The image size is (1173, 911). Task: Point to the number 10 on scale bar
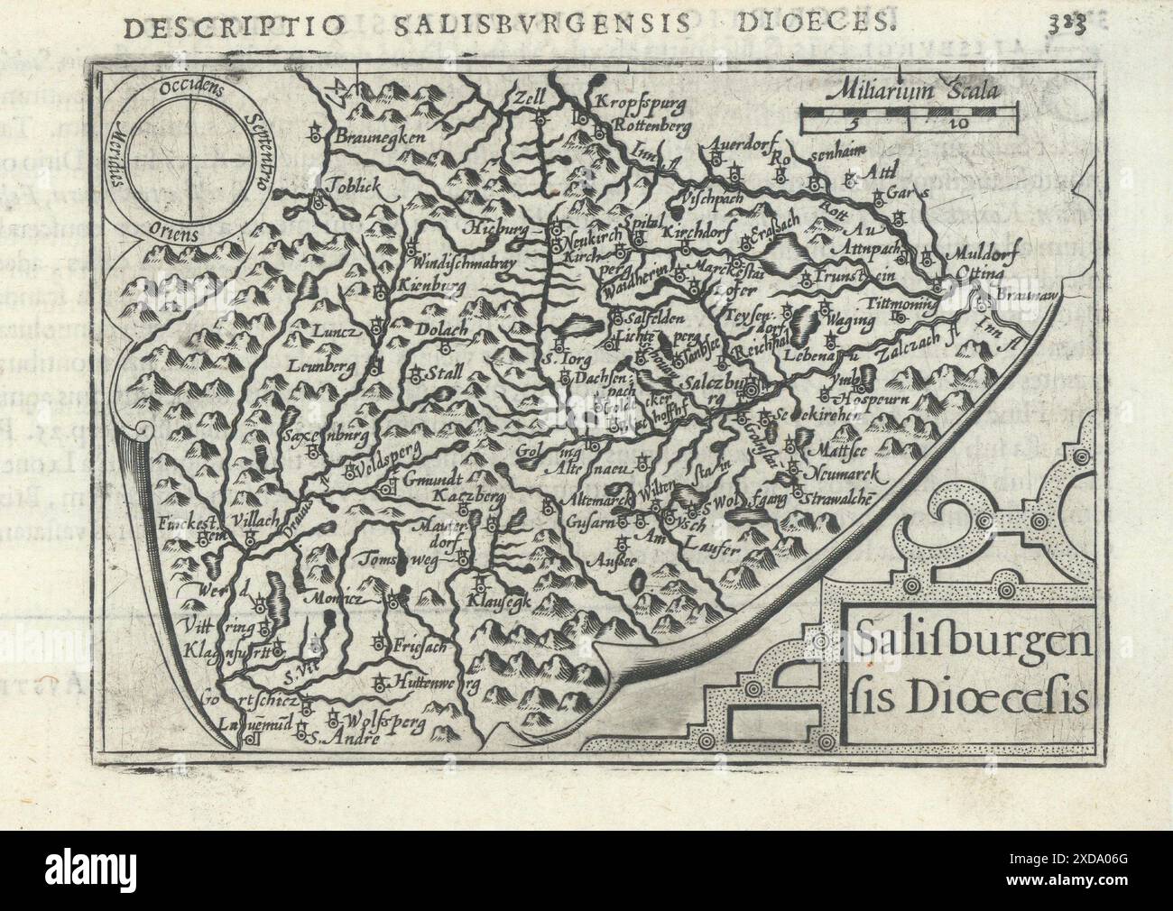click(932, 124)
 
